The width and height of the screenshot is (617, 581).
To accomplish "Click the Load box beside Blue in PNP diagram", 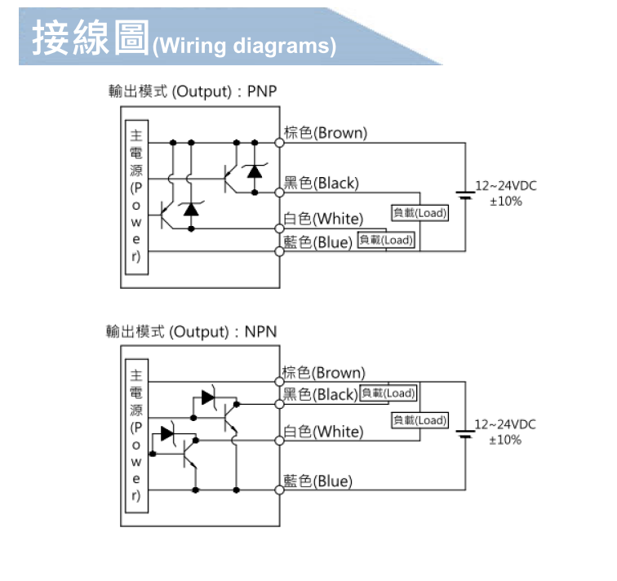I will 386,240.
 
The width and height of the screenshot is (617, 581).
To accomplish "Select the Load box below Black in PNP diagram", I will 419,213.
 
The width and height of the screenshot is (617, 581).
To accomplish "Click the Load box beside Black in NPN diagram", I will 388,393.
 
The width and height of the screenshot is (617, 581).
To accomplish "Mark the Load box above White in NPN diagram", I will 419,420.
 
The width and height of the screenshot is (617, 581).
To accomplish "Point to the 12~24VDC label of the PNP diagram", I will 505,186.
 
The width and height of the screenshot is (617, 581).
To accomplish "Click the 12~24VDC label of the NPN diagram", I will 505,425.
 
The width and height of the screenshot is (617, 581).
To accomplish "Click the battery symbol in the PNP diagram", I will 465,195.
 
